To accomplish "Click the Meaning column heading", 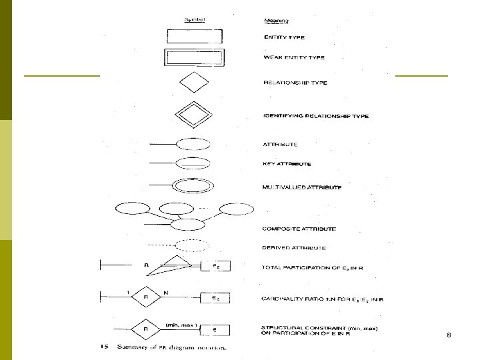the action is click(x=273, y=20).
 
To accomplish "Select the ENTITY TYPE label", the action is click(x=285, y=37).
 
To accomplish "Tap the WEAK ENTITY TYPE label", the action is click(x=294, y=58).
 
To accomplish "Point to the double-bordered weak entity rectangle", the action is click(x=192, y=57).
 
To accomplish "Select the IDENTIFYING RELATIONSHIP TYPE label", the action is click(x=316, y=116).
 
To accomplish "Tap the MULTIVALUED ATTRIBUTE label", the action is click(x=303, y=188).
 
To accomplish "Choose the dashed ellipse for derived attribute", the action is click(x=192, y=245).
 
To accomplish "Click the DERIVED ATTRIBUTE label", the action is click(x=295, y=248).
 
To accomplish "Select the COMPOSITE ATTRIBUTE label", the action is click(x=299, y=229).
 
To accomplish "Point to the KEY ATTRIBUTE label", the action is click(x=287, y=164).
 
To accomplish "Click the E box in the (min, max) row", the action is click(x=215, y=328).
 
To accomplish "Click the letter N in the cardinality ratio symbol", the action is click(x=165, y=292).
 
